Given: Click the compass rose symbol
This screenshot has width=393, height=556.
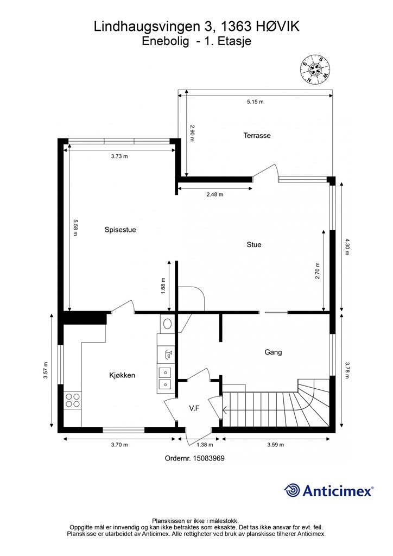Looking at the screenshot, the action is coord(315,69).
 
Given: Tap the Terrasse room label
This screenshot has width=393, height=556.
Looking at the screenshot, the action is coord(257,135).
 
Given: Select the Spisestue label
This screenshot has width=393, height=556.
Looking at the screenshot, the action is coord(120,230).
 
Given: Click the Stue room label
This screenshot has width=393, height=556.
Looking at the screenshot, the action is coord(253,245).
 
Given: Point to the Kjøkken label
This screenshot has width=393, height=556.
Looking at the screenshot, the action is coord(122,375).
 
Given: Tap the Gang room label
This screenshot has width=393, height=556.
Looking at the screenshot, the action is coord(273,352).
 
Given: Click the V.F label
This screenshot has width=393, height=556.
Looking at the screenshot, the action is coord(194,408).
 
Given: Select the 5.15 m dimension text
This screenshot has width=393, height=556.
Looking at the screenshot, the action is coord(255,102).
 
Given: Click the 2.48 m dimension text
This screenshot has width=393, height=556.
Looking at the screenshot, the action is coord(215,194).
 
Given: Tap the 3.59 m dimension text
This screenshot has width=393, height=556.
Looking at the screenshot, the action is coord(275,445).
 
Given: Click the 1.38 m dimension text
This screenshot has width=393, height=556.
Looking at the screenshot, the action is coord(205,445).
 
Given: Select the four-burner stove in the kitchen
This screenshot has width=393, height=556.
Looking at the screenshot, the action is coord(73,400).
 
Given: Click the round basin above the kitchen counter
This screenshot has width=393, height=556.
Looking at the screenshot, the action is coord(167,324).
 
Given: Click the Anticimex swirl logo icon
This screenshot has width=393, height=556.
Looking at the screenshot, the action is coord(292,490).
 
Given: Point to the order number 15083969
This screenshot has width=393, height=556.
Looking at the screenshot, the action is coord(209,458).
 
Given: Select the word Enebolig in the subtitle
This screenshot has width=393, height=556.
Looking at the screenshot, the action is coord(165,41).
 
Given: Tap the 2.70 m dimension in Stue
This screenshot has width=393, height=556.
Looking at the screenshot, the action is coord(318,271).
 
